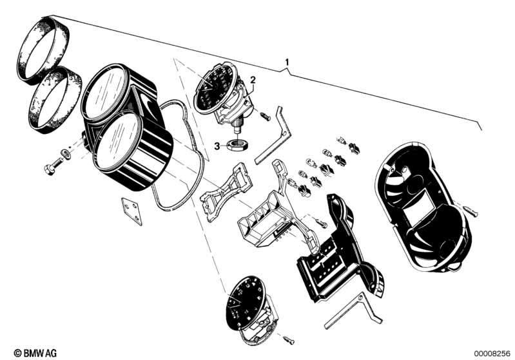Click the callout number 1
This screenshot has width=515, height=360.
click(287, 62)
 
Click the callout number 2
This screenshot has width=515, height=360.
click(253, 80)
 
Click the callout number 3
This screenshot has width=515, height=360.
click(217, 146)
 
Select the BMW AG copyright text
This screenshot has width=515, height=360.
click(35, 353)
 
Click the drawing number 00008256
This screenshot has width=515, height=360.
click(492, 354)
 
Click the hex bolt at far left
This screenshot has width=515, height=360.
click(53, 166)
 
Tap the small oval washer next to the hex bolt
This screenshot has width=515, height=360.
click(66, 153)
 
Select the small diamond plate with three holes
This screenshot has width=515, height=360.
click(131, 211)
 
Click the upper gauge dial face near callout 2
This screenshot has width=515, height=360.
click(215, 88)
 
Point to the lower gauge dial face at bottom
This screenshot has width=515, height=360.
click(245, 303)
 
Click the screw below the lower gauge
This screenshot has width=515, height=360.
click(289, 340)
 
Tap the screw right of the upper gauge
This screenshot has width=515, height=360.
click(265, 116)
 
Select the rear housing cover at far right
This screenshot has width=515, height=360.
click(423, 207)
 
